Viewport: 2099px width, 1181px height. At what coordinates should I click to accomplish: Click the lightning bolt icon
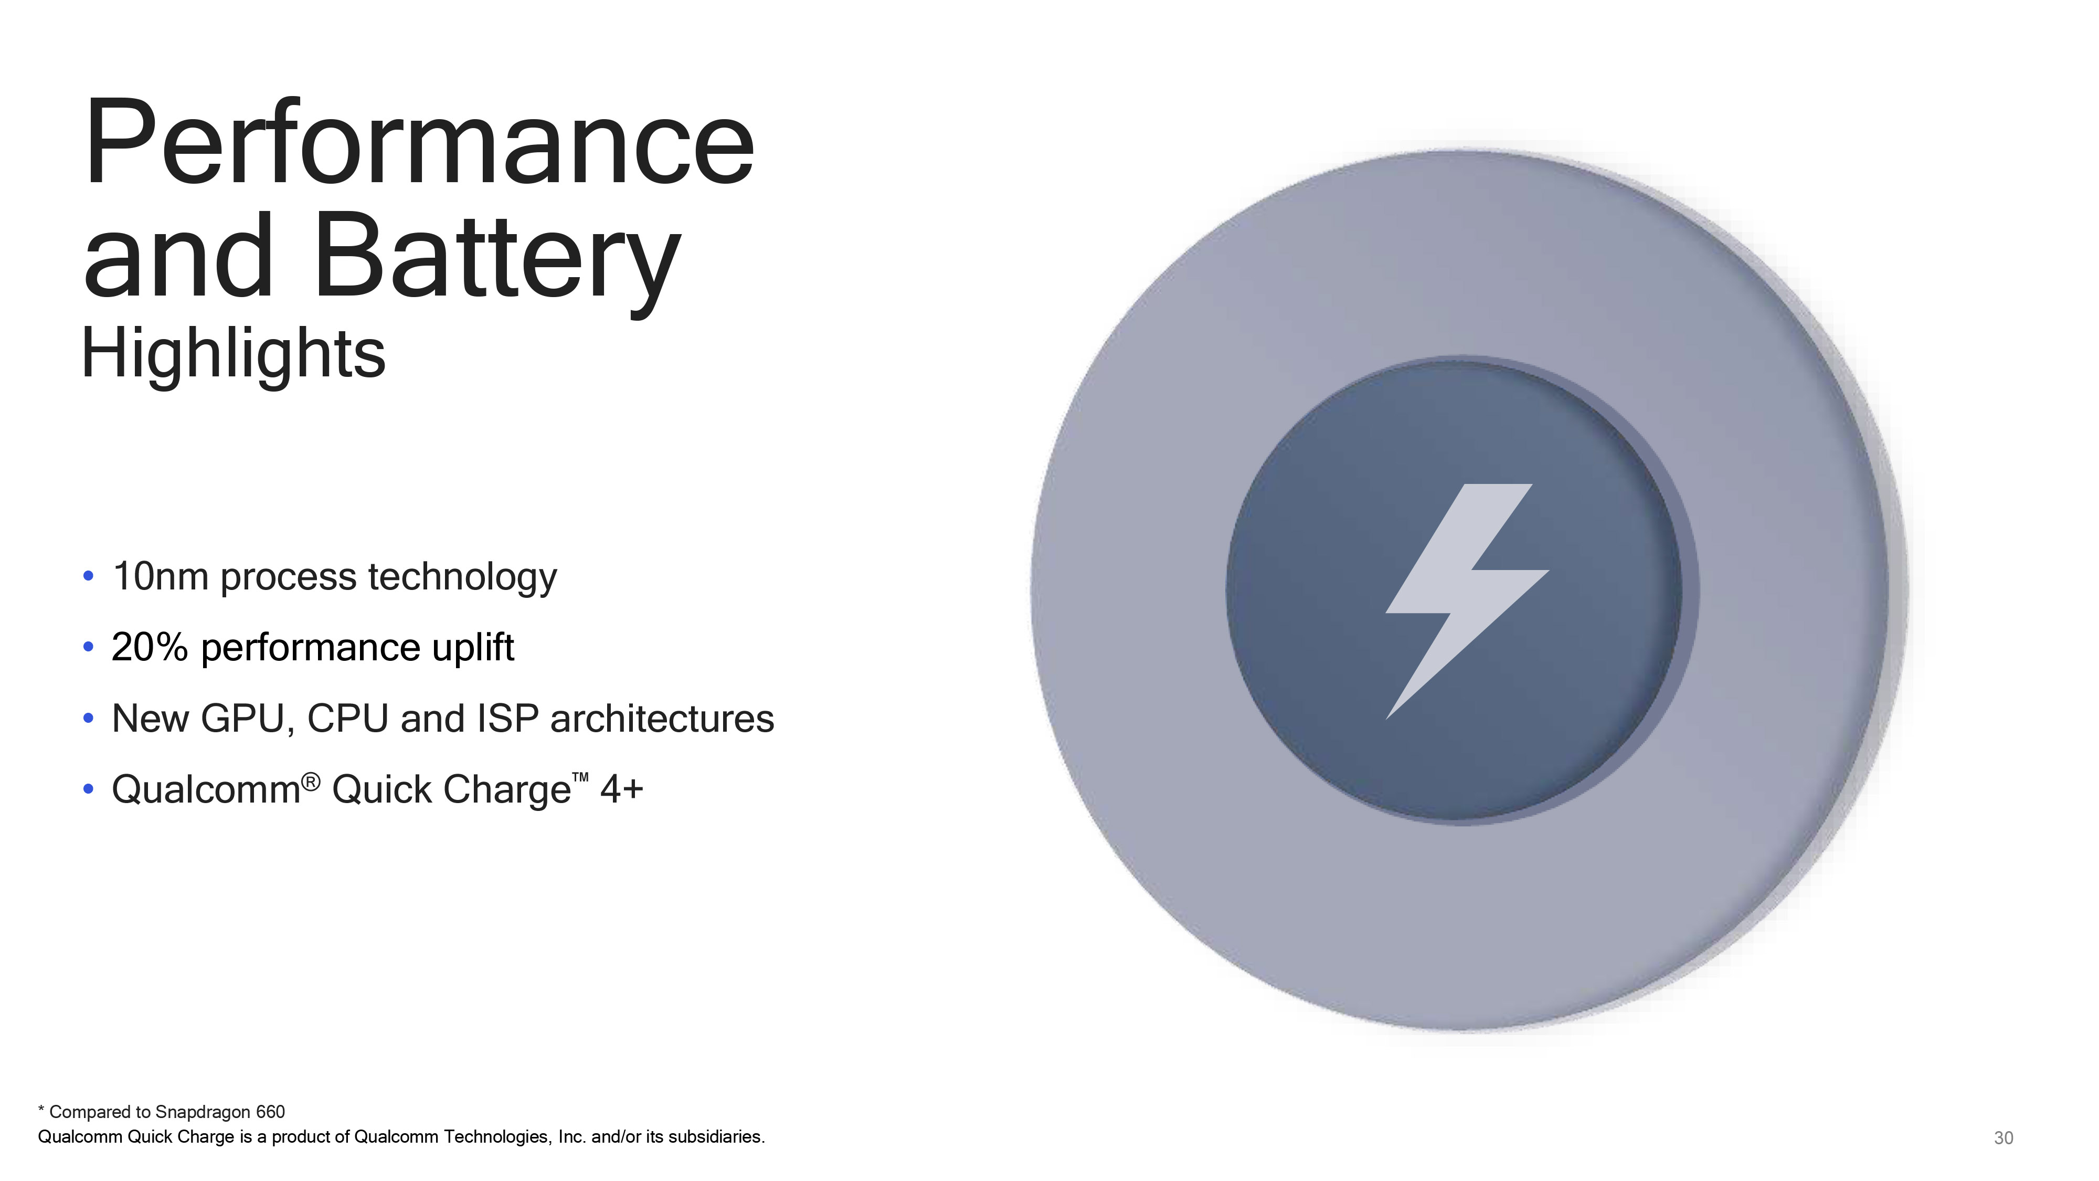1467,602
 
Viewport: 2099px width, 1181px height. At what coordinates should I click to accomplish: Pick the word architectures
662,718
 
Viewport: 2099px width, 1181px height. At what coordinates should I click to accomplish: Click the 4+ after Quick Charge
622,789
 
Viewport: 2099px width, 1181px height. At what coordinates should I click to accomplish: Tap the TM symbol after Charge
580,778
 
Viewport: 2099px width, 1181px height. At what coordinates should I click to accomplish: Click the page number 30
2003,1138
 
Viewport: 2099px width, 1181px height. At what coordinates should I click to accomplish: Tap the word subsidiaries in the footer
716,1136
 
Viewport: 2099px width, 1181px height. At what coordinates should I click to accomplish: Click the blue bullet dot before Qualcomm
89,789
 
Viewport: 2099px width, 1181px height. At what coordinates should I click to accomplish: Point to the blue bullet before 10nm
89,576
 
